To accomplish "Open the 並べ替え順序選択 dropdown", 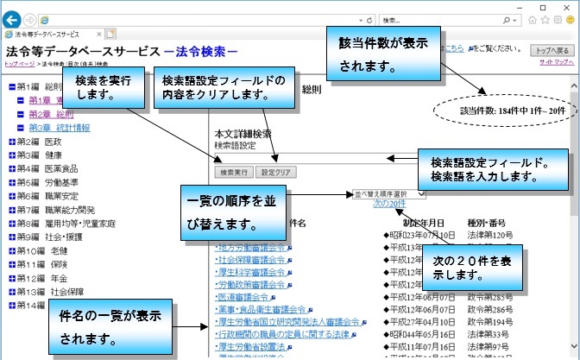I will coord(388,195).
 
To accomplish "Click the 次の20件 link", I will coord(389,205).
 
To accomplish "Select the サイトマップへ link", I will coord(555,64).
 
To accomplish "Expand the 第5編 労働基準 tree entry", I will coord(12,183).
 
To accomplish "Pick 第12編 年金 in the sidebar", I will coord(39,278).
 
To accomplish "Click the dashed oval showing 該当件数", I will coord(510,111).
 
